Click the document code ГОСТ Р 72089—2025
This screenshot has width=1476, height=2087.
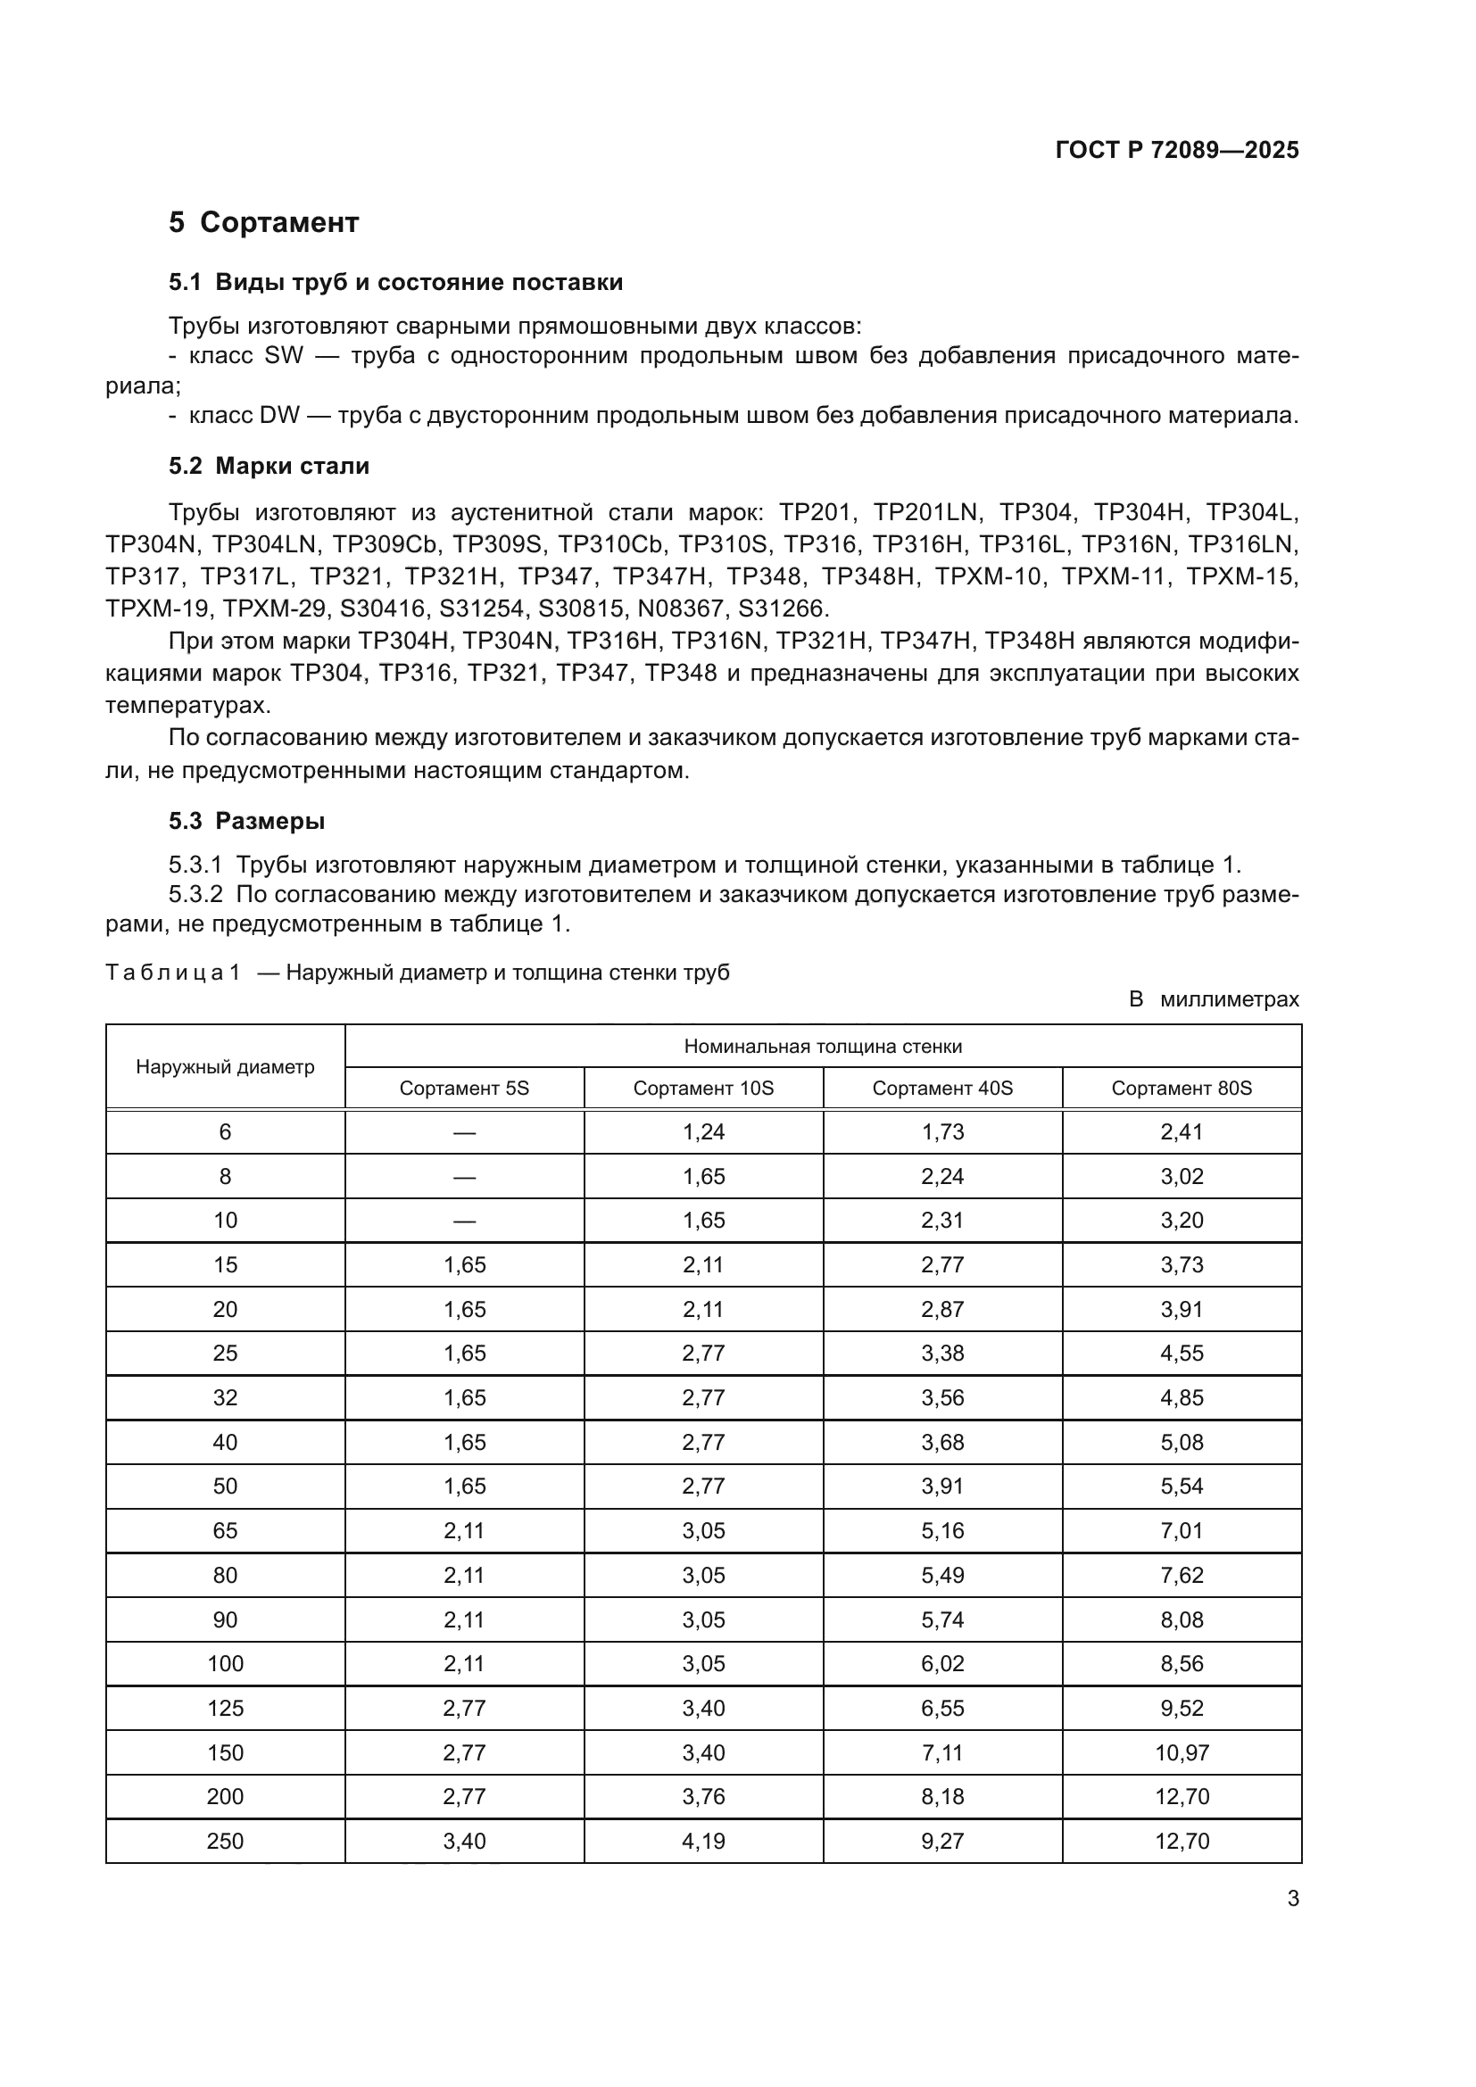tap(1177, 150)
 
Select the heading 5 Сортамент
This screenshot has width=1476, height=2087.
tap(263, 222)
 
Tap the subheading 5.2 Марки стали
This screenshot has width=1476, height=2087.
tap(268, 467)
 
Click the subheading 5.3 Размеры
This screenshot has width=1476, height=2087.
tap(246, 821)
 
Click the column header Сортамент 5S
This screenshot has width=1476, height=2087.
tap(463, 1088)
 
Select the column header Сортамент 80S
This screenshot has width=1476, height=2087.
tap(1181, 1088)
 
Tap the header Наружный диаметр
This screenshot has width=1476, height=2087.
tap(225, 1067)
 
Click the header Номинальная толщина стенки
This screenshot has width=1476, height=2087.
tap(823, 1047)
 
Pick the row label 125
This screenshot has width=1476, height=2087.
tap(225, 1708)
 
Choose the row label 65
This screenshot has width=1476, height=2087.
tap(225, 1531)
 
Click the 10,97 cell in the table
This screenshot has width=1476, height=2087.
tap(1181, 1752)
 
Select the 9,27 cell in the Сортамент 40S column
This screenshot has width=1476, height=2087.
tap(941, 1841)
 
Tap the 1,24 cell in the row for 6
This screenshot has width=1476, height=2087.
tap(703, 1131)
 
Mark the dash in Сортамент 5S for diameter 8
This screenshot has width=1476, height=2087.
tap(463, 1176)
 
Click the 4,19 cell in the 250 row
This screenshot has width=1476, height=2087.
tap(703, 1841)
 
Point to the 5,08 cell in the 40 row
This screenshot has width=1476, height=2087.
tap(1181, 1443)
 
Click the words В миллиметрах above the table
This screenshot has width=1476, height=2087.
tap(1213, 1000)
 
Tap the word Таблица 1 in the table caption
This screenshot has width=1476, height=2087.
tap(173, 973)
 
